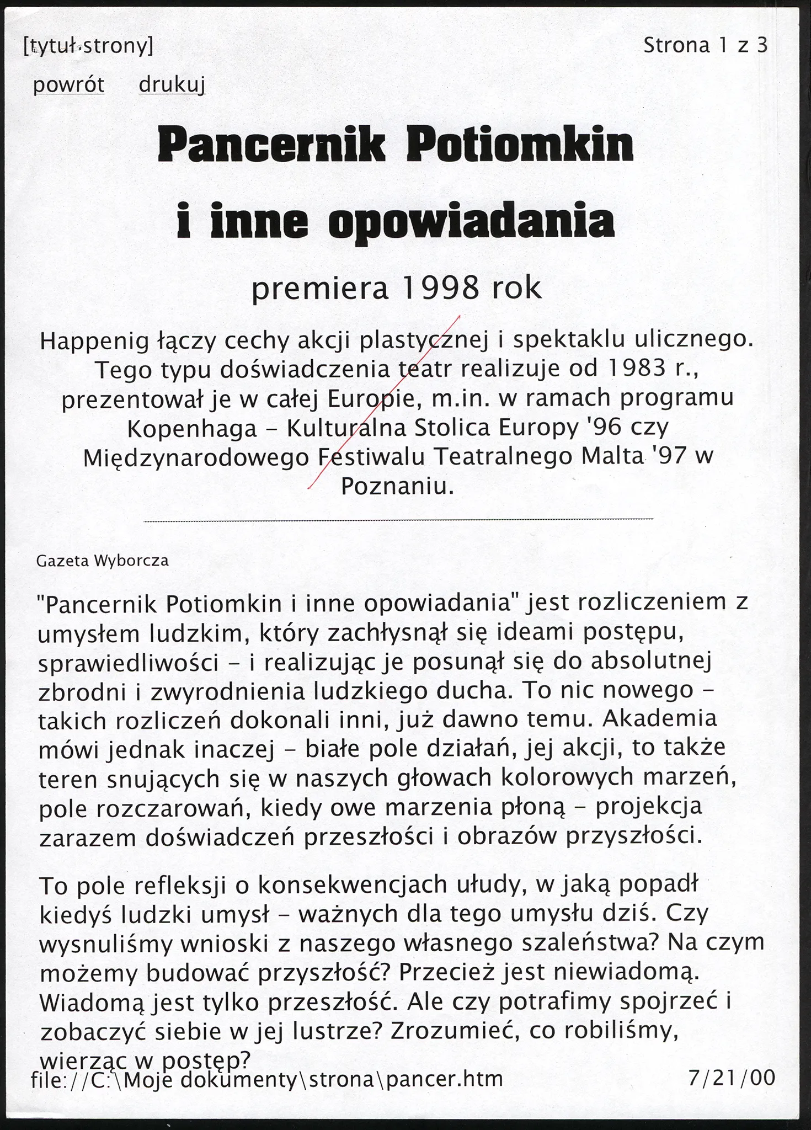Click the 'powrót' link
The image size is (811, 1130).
[x=68, y=85]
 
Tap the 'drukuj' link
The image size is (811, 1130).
[x=172, y=85]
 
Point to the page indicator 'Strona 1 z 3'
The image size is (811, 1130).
[x=705, y=45]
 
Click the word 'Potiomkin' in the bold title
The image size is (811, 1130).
[x=519, y=145]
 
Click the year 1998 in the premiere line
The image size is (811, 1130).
[x=440, y=288]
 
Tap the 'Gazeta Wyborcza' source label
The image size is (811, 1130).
[x=102, y=561]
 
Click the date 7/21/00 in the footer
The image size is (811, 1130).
[x=732, y=1078]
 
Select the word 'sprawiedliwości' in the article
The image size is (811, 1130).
[x=129, y=663]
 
